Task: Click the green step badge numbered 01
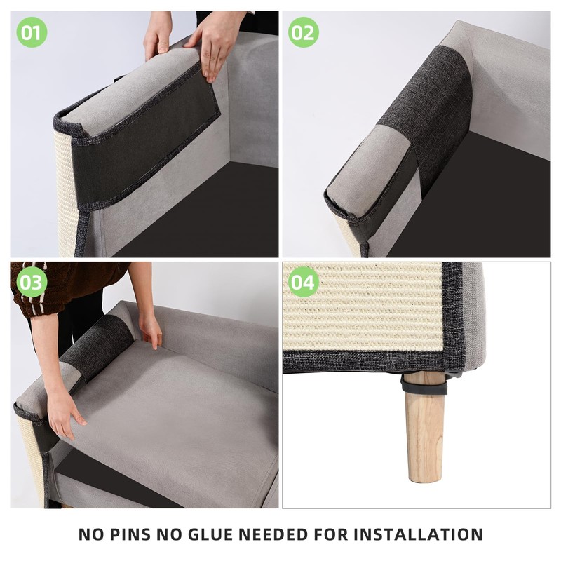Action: (32, 32)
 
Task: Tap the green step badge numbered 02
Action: (304, 32)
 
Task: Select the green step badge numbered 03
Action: (32, 283)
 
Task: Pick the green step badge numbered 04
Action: (304, 283)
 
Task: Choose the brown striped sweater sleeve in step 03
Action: (63, 288)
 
